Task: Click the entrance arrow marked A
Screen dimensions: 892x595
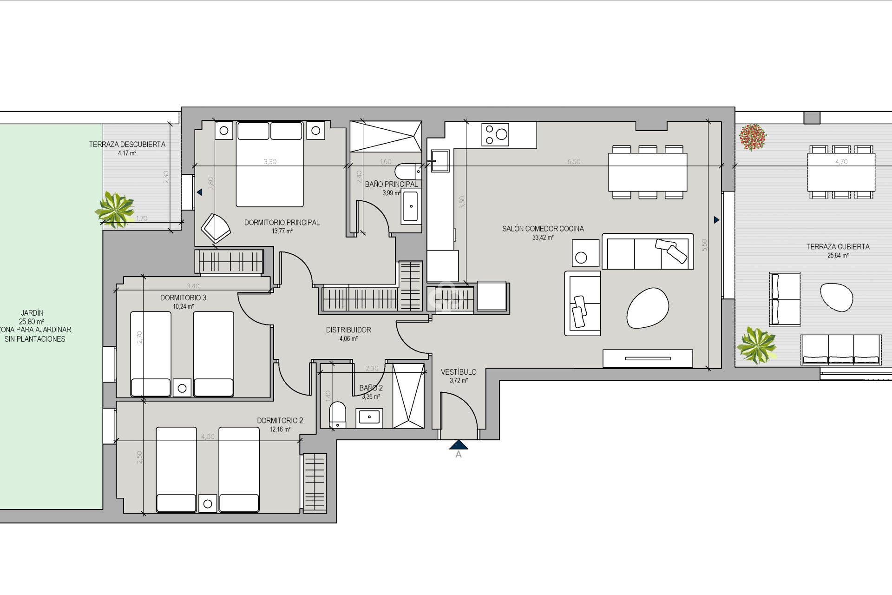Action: [458, 445]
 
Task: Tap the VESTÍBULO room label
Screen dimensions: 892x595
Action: [458, 372]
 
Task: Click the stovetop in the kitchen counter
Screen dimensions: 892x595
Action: [495, 135]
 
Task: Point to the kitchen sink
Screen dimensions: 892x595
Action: [439, 161]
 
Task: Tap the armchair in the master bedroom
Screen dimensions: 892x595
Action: [216, 228]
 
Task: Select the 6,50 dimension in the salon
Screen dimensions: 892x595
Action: [574, 162]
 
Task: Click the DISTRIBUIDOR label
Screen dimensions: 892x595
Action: [348, 330]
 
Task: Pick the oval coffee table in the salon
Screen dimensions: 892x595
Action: [648, 308]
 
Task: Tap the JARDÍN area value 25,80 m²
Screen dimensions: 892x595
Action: [32, 322]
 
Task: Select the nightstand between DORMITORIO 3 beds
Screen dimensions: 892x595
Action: [182, 388]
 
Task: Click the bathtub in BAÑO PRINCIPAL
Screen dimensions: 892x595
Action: [410, 206]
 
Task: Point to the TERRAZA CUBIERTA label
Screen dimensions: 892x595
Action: [838, 247]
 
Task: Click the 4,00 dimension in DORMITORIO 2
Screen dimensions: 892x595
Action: [208, 437]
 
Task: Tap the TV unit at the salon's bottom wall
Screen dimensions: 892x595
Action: [648, 358]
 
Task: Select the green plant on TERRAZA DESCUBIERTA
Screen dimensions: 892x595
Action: [115, 210]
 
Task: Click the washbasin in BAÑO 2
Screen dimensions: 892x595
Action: [369, 417]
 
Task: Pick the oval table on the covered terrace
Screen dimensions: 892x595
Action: [836, 297]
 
